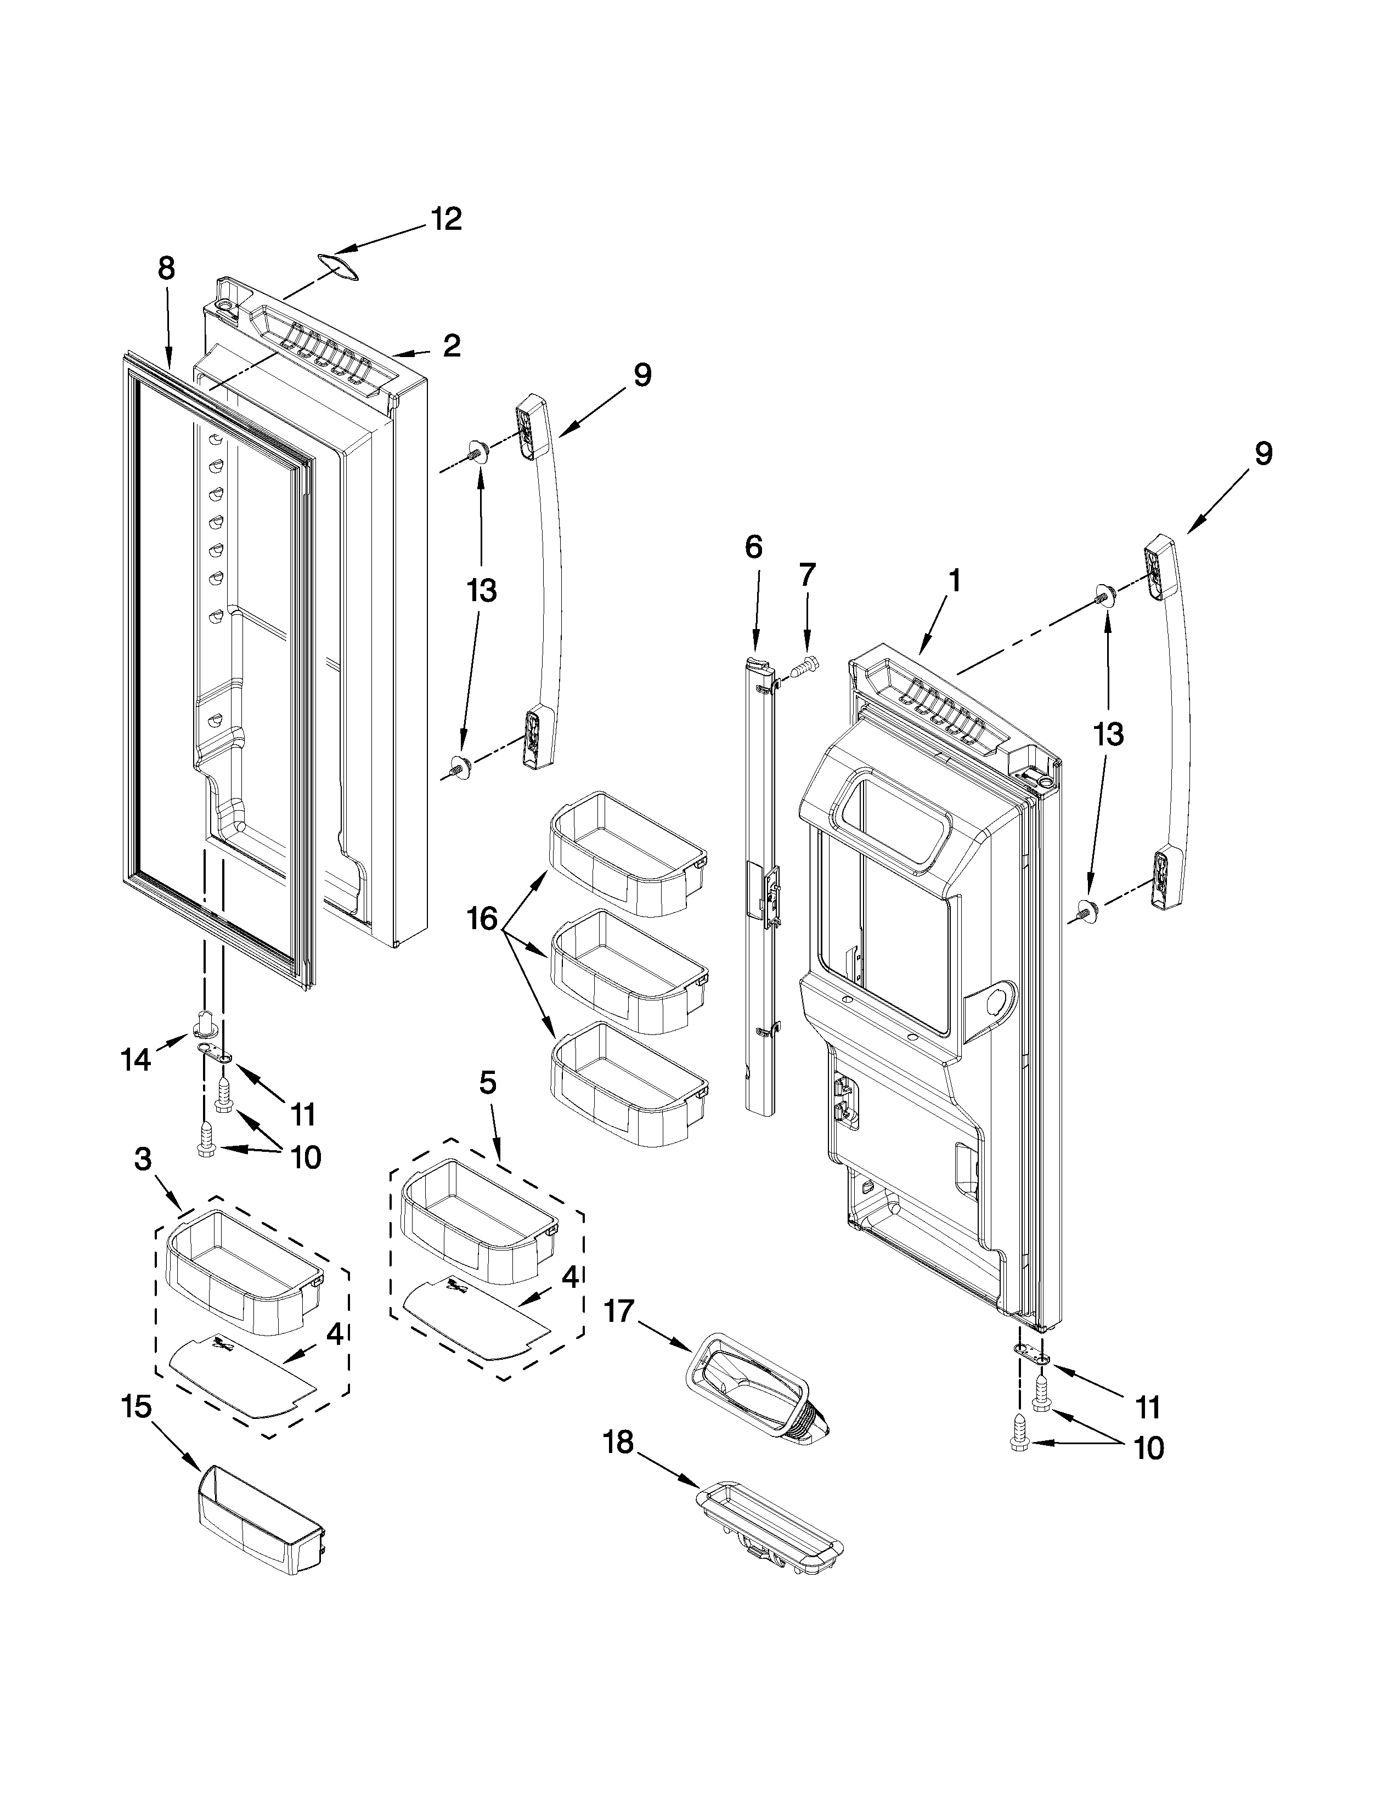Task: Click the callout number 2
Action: [x=452, y=345]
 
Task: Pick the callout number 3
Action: [x=143, y=1159]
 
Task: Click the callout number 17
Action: [x=618, y=1311]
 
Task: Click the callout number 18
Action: [x=617, y=1442]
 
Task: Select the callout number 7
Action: [x=806, y=574]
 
